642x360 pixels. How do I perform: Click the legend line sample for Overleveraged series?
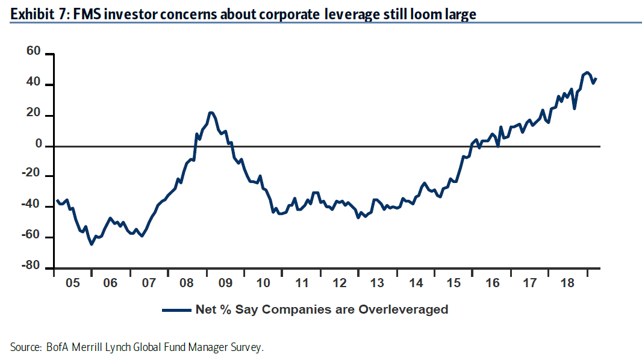[176, 310]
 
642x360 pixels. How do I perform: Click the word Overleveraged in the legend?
[404, 310]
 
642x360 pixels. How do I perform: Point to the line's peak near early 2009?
[211, 113]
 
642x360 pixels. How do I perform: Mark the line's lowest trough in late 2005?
[92, 244]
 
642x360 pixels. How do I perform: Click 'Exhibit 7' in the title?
[33, 14]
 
